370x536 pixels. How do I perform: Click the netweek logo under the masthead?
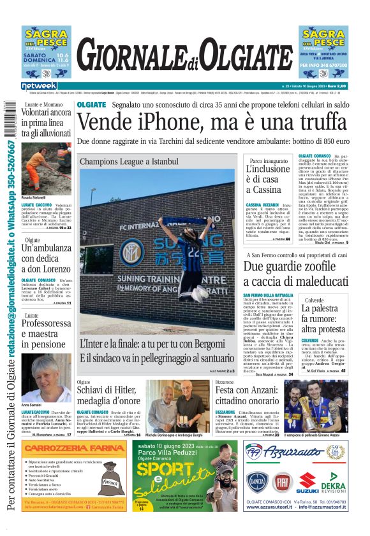tap(39, 86)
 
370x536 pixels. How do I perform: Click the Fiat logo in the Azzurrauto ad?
tap(282, 481)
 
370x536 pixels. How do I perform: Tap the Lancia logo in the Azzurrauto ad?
tap(258, 481)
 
